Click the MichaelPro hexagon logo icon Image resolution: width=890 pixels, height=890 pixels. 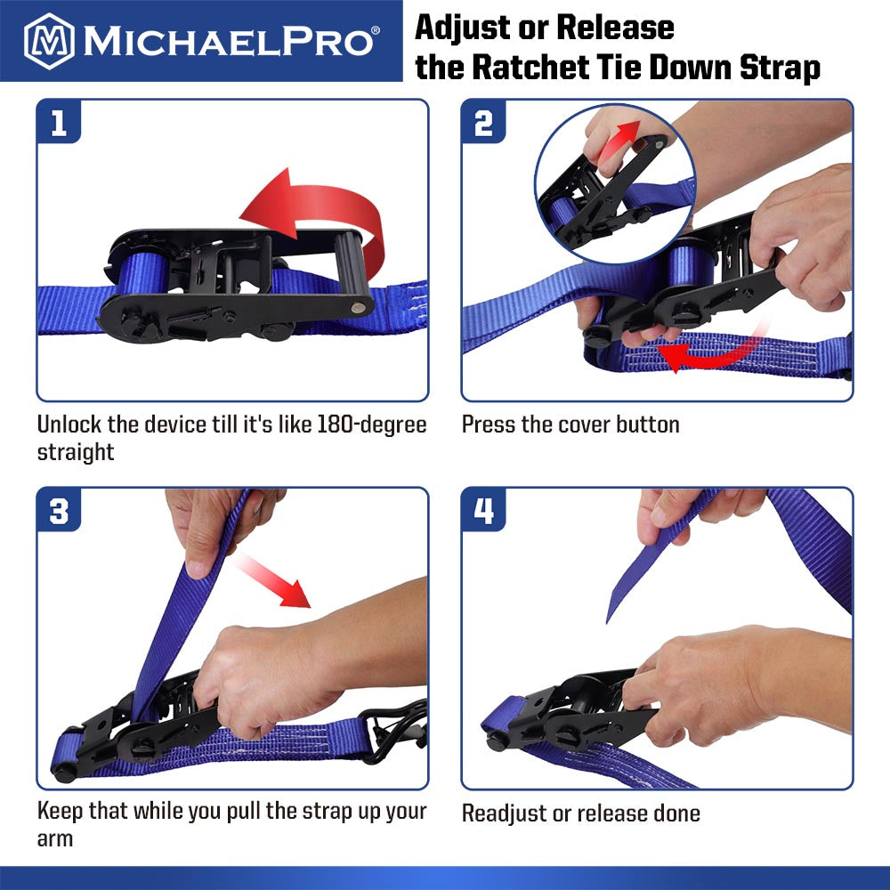48,40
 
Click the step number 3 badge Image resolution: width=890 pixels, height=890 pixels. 60,514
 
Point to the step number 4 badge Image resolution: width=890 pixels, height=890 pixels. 484,514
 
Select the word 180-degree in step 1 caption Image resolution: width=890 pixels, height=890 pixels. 371,425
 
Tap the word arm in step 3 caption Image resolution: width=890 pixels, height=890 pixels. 54,838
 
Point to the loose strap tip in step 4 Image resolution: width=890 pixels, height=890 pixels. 612,614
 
